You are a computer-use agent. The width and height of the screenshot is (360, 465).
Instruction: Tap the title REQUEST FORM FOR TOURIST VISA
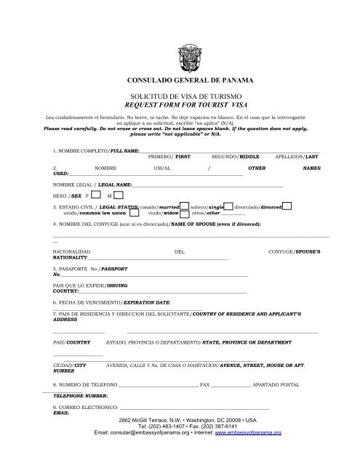[180, 105]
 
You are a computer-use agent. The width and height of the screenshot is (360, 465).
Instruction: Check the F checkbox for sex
[97, 196]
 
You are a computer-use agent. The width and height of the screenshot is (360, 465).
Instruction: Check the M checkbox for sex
[119, 196]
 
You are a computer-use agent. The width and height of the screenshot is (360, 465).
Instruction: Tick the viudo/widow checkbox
[185, 214]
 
